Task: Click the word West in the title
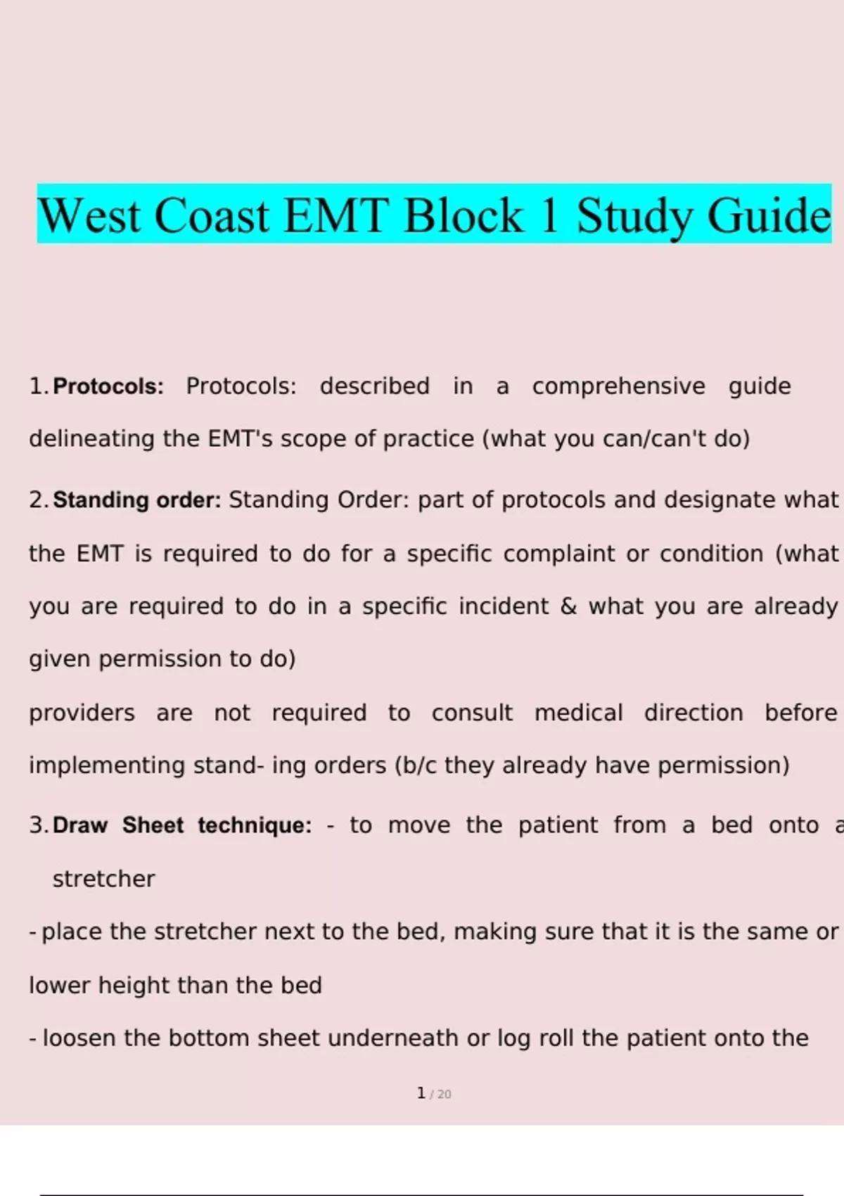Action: click(x=90, y=216)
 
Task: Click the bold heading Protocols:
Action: click(x=108, y=386)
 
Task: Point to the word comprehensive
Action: click(x=619, y=386)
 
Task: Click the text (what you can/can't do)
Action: click(x=616, y=439)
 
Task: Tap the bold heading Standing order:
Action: click(x=137, y=500)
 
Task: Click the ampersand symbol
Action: click(x=568, y=606)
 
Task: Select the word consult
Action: click(x=472, y=713)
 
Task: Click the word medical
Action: click(x=579, y=713)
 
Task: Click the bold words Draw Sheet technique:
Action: click(x=183, y=825)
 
